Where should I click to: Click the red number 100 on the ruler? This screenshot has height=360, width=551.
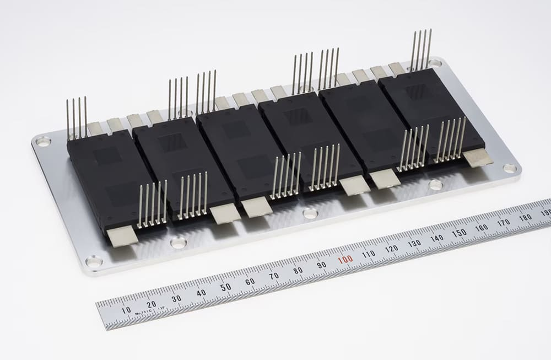(345, 260)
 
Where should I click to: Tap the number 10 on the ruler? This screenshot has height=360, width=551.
(126, 310)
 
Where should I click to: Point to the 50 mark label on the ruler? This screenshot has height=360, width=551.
(225, 287)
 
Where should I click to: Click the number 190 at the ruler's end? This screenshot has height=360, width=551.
(545, 213)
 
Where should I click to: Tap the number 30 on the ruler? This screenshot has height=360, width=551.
(176, 298)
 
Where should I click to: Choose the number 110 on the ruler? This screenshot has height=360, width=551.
(369, 254)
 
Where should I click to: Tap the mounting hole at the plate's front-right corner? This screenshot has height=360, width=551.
(510, 168)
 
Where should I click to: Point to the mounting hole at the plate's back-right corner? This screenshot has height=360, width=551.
(436, 63)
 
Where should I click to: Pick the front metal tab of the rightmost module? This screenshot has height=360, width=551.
(478, 158)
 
